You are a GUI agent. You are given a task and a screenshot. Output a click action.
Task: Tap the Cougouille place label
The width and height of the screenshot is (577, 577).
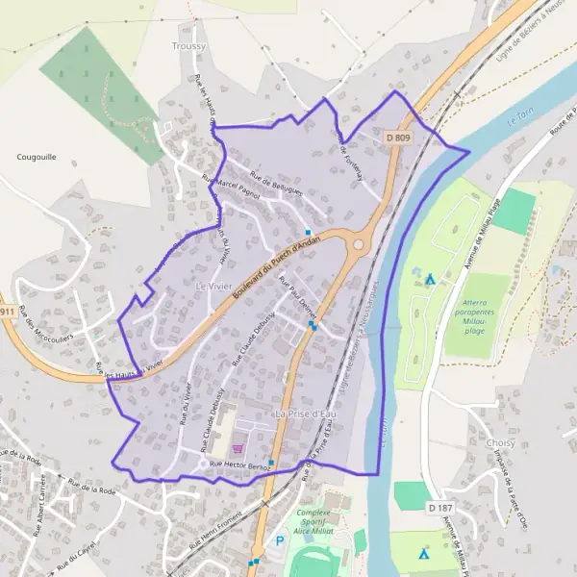(x=37, y=156)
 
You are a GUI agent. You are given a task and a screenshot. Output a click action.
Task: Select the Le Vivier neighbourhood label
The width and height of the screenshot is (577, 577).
(x=214, y=287)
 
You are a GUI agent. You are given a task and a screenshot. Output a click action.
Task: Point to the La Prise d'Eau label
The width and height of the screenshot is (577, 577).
(x=309, y=414)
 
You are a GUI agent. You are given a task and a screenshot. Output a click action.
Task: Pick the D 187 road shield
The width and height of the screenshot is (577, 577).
(x=439, y=507)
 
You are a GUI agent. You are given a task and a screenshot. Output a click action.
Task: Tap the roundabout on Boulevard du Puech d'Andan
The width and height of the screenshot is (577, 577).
(x=359, y=244)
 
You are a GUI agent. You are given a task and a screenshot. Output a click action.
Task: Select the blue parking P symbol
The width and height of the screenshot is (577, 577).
(x=280, y=540)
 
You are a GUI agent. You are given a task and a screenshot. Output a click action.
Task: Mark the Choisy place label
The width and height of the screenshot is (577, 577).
(x=501, y=442)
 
